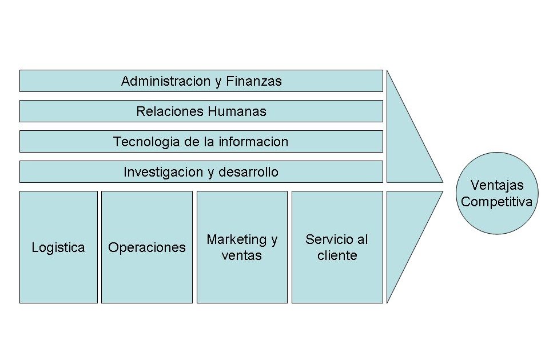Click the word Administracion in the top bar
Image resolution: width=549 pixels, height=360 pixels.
[166, 81]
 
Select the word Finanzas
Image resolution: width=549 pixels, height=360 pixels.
[254, 81]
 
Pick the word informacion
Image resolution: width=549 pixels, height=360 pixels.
[253, 142]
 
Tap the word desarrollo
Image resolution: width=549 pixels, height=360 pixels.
[248, 172]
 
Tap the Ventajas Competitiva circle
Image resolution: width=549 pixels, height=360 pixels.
[496, 193]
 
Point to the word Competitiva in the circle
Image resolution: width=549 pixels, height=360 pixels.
[496, 202]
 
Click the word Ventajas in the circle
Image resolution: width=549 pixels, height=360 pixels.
[496, 185]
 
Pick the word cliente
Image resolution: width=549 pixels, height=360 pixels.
[337, 255]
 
